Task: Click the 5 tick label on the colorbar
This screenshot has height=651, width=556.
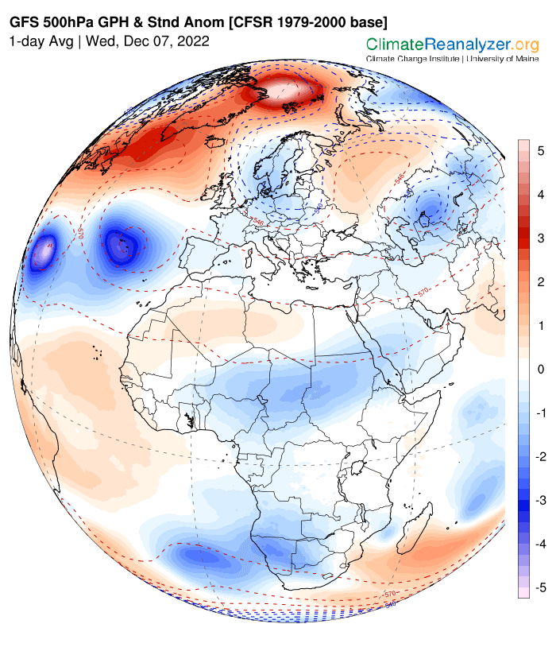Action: [539, 150]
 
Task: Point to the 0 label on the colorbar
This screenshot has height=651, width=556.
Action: [539, 370]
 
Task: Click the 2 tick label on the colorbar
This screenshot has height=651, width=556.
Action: [539, 282]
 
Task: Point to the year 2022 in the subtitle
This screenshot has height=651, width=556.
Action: [195, 41]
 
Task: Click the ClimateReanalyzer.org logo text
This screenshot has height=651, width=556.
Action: [452, 45]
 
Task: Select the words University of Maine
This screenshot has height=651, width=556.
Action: [502, 59]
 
